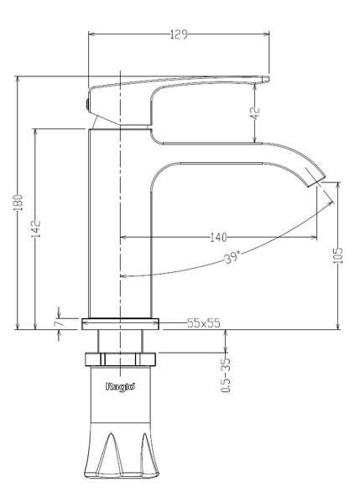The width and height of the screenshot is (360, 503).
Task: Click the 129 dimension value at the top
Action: pos(179,34)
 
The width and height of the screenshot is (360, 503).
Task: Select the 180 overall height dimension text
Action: pos(18,202)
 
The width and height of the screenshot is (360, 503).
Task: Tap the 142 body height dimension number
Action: pos(36,228)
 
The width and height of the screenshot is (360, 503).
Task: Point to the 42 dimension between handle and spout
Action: pos(256,113)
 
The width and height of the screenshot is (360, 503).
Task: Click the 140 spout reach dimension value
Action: pos(218,238)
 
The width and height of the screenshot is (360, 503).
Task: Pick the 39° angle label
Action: pos(232,257)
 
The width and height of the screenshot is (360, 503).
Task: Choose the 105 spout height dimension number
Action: pos(338,255)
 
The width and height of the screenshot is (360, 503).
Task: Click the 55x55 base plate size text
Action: pos(204,323)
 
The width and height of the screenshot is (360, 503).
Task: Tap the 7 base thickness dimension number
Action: pos(59,322)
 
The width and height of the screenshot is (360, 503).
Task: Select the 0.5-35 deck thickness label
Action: pos(226,375)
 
